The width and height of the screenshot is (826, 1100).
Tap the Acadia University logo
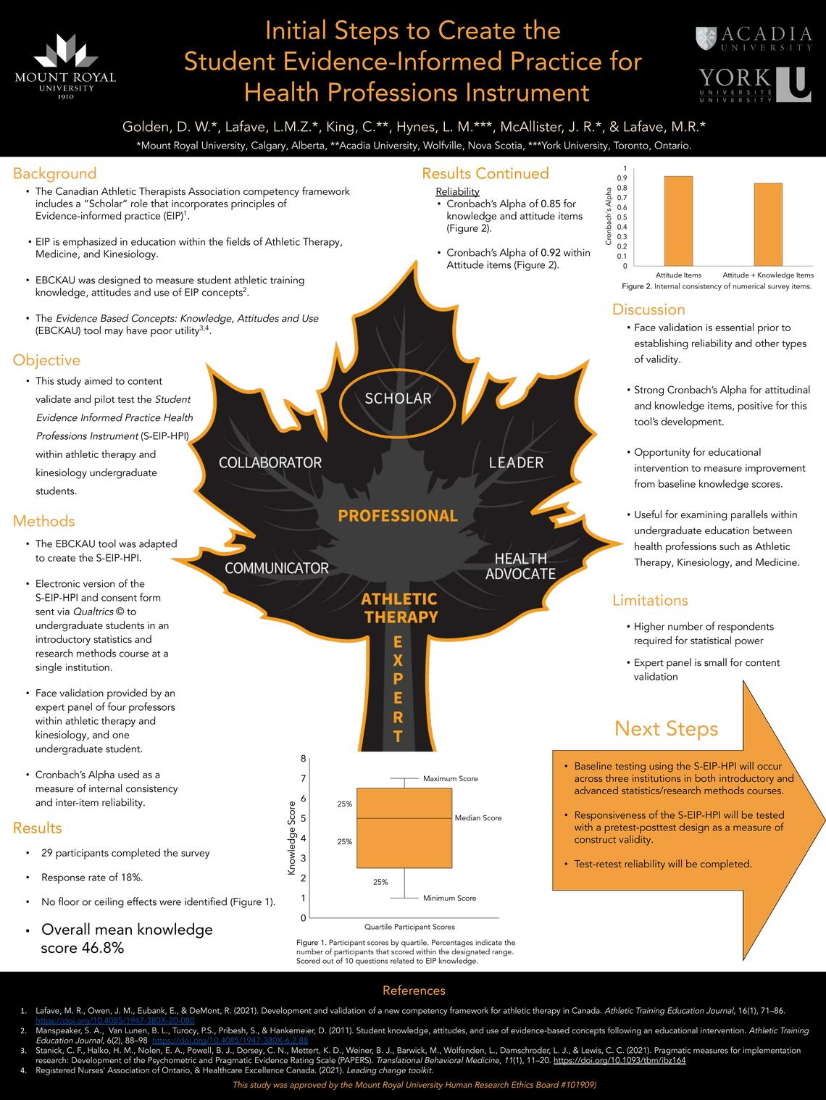754,38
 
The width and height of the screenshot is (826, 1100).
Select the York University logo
754,85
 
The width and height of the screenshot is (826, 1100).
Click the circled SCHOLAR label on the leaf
398,399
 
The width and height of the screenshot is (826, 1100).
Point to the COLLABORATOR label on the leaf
270,462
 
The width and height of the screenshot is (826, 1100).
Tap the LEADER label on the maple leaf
516,462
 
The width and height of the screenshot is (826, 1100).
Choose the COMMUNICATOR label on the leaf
277,568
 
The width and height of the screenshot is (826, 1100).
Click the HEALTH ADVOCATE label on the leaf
520,566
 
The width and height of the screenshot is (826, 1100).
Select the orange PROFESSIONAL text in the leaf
398,516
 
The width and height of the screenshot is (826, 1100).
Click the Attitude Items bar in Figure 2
678,220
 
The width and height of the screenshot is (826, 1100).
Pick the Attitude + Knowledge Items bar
768,224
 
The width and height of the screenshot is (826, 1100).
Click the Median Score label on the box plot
478,818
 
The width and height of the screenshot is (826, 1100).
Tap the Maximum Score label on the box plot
451,779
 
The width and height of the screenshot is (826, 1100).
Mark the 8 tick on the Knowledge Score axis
303,759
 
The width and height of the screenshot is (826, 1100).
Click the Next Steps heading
666,728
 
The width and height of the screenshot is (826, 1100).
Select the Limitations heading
650,600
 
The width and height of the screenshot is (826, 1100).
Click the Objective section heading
46,360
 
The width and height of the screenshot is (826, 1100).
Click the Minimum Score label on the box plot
450,899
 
